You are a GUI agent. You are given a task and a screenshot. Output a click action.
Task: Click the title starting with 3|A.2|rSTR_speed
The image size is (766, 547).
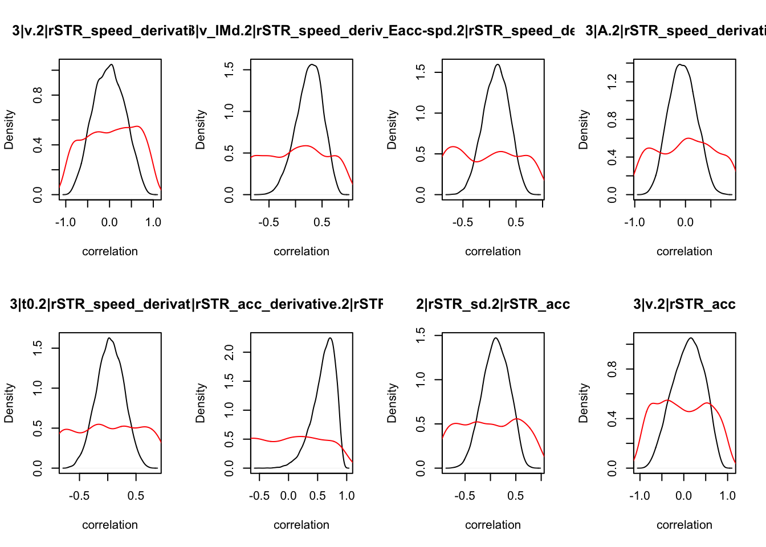(675, 31)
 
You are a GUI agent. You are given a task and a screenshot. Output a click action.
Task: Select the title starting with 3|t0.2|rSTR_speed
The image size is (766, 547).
(100, 304)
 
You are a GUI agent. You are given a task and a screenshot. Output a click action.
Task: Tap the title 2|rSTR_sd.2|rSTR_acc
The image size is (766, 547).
(493, 304)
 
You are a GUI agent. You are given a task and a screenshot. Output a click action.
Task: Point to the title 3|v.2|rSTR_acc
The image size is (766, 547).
(684, 304)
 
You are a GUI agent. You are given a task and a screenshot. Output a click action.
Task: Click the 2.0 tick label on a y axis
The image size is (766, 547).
(230, 353)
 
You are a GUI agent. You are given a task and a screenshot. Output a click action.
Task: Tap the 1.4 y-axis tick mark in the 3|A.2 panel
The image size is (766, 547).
(629, 63)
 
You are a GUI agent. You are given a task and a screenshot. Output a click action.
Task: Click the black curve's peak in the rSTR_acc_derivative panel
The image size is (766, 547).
(330, 338)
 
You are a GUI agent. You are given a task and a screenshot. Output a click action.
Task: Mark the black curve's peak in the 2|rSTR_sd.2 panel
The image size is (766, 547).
(496, 338)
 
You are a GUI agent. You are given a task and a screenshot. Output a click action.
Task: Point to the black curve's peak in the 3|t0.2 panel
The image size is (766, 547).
(109, 338)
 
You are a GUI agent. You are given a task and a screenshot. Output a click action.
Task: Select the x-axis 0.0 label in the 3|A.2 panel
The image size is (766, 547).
(685, 222)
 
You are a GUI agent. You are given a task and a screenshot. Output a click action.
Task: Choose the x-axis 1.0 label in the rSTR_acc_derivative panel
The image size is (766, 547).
(347, 496)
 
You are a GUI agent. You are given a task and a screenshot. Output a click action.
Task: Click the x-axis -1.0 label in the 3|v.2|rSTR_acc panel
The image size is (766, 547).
(639, 496)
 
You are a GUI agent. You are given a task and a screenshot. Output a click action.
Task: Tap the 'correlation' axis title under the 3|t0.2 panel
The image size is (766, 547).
(110, 525)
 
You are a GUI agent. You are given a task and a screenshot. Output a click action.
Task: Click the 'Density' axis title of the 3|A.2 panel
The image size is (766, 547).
(583, 130)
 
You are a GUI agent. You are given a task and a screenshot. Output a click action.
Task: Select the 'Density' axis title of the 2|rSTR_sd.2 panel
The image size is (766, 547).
(392, 403)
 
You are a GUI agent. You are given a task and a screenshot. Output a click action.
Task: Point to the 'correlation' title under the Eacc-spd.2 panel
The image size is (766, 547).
(493, 251)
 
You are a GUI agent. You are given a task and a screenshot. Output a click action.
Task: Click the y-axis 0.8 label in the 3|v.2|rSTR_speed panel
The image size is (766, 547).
(38, 95)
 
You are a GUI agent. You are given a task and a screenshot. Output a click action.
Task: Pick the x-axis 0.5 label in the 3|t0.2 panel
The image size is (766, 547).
(136, 496)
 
